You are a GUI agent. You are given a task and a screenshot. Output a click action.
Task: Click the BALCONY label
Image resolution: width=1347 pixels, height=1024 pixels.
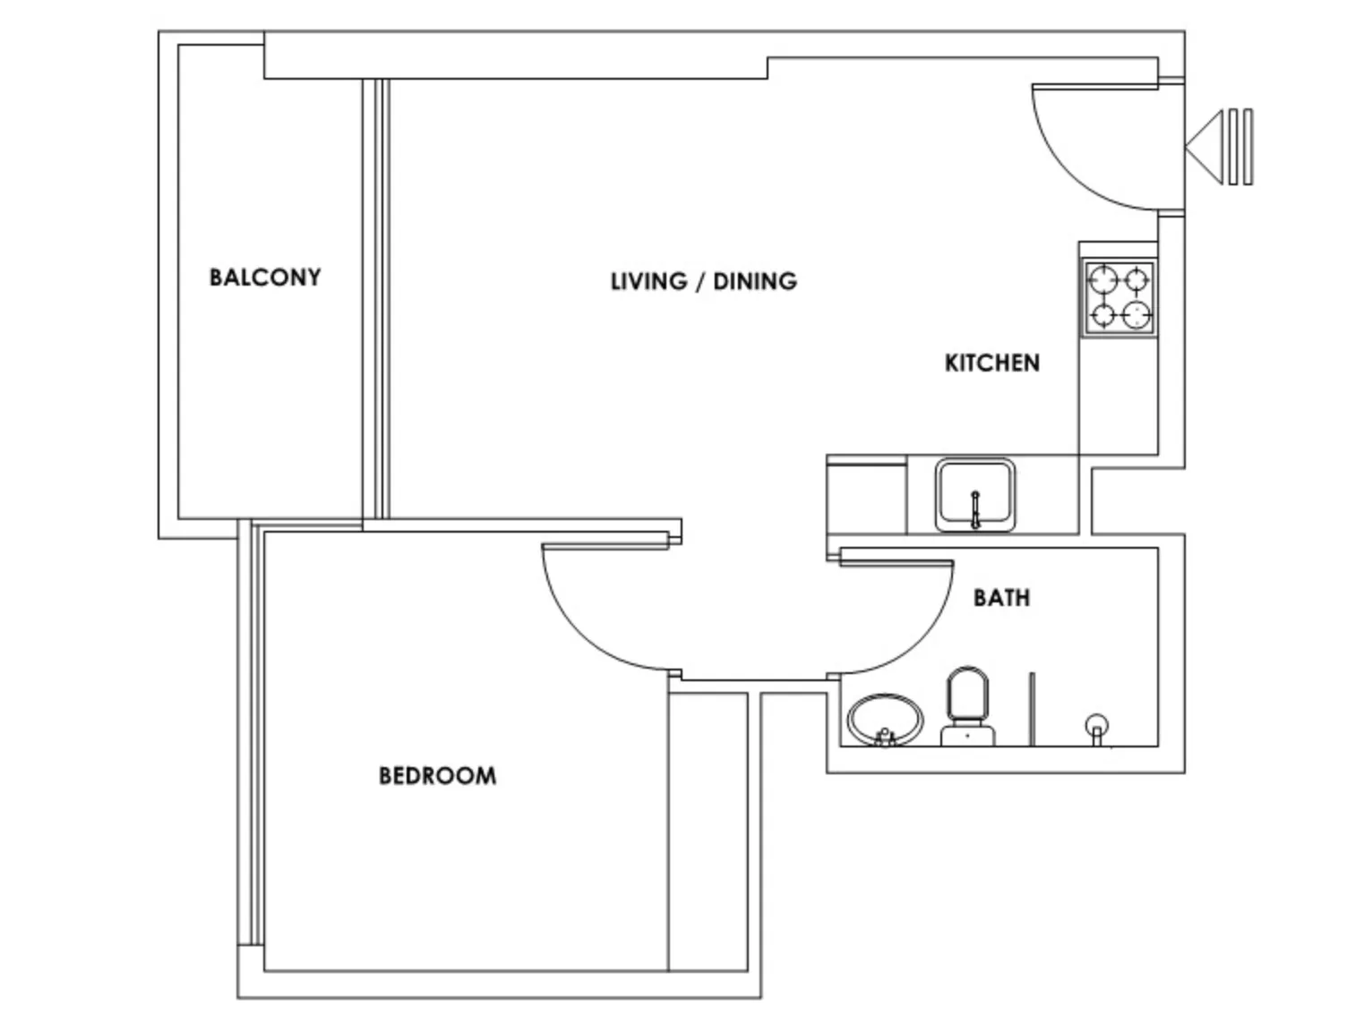265,277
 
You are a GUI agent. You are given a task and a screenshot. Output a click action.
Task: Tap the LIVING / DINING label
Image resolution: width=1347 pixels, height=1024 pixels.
704,281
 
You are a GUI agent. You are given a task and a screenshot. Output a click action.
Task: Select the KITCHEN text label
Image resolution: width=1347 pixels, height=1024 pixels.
992,363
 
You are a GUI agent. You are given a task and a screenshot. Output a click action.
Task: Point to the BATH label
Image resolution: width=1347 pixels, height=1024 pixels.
1001,598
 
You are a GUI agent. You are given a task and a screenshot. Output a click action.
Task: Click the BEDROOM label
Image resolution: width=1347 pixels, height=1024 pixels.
438,776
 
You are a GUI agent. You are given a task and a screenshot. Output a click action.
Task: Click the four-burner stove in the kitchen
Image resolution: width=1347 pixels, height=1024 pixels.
1119,298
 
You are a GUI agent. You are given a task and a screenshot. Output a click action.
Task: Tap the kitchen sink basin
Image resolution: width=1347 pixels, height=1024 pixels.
975,495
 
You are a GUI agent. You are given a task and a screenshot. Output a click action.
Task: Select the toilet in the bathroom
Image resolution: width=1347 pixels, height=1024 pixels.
968,706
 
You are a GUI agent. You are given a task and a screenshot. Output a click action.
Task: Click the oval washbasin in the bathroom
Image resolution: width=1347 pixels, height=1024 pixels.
884,721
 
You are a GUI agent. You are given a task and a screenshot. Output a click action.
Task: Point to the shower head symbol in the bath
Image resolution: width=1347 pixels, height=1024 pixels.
1096,728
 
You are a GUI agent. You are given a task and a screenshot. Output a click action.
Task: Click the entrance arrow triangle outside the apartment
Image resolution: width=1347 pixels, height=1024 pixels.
1204,147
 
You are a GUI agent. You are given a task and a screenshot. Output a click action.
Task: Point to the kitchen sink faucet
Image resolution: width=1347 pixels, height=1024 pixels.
975,509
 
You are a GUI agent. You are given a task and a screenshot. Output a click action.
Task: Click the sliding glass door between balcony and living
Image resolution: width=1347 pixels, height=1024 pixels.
375,299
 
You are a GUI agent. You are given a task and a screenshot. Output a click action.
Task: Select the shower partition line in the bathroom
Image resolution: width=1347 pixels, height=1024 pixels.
1032,710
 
